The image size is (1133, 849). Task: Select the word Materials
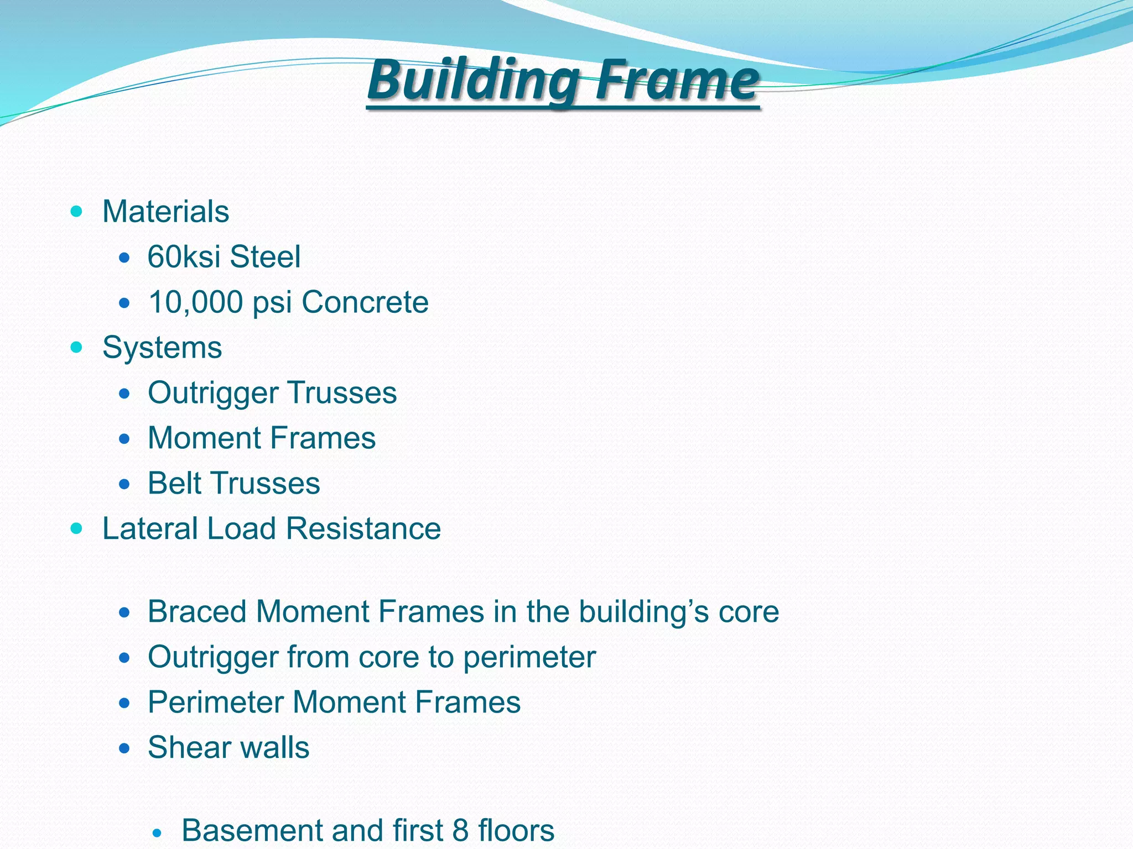[x=165, y=212]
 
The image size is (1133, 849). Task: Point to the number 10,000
[x=196, y=302]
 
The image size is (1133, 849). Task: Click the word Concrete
[x=365, y=302]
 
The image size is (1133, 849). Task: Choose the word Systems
[x=162, y=348]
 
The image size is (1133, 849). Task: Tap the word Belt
[x=174, y=483]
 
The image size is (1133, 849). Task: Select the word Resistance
[x=363, y=528]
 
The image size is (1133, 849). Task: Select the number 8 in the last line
[x=460, y=830]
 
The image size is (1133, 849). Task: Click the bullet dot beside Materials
[x=77, y=211]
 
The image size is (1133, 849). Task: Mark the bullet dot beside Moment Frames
[x=124, y=439]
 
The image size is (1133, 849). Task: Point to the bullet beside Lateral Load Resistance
[x=77, y=528]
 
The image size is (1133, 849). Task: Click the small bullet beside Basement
[x=158, y=832]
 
